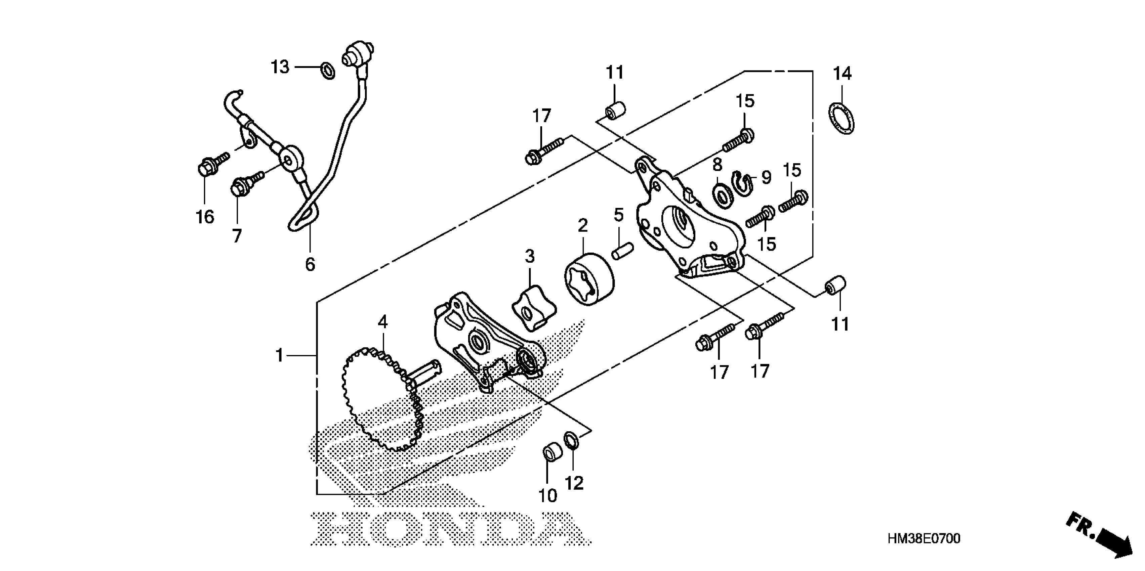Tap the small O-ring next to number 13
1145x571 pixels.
(328, 70)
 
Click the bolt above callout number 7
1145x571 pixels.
(244, 184)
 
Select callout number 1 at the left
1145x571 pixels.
(280, 355)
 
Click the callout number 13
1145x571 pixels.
(280, 68)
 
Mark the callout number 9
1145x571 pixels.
(766, 178)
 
